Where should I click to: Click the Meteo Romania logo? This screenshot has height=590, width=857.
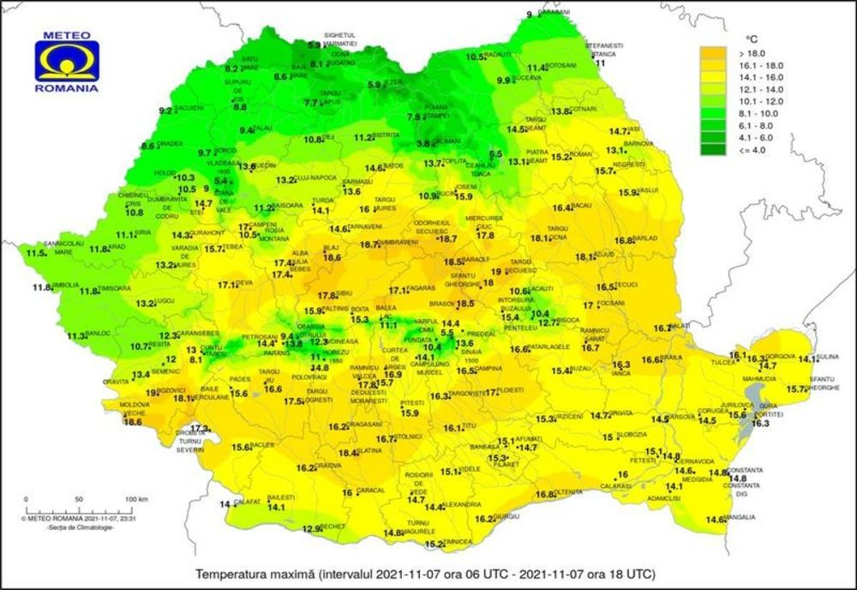click(x=66, y=65)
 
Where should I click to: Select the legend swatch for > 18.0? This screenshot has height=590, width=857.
click(x=712, y=52)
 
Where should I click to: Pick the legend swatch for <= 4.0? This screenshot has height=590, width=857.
click(x=712, y=150)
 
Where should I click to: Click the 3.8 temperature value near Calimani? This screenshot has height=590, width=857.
click(x=423, y=144)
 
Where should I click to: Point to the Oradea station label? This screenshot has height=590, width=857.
click(x=170, y=144)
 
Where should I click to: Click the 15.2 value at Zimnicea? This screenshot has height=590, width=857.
click(x=434, y=544)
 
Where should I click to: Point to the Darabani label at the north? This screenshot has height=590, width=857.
click(x=554, y=13)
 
